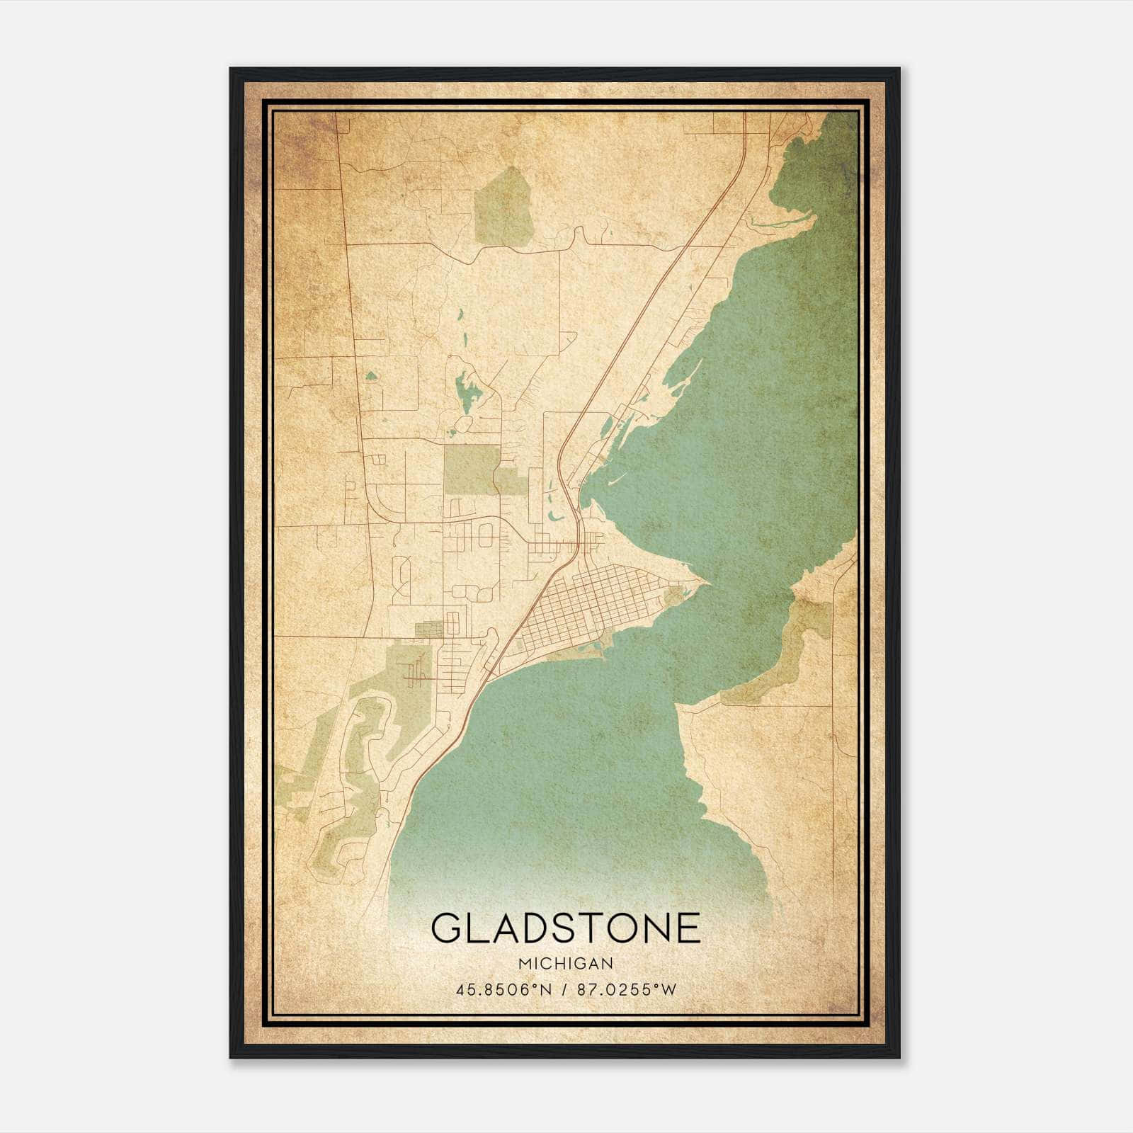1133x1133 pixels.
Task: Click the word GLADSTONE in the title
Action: tap(565, 928)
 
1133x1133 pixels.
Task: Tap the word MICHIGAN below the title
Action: tap(565, 964)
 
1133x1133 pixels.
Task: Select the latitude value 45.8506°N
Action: tap(503, 989)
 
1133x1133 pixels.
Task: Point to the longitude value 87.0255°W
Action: tap(627, 989)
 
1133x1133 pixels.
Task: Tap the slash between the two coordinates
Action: tap(565, 989)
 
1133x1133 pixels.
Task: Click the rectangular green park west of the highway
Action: tap(469, 469)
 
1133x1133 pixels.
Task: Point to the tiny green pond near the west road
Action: tap(370, 376)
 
